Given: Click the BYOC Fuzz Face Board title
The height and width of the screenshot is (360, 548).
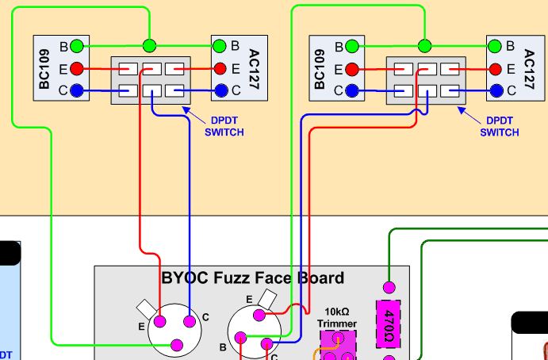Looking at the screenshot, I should click(253, 278).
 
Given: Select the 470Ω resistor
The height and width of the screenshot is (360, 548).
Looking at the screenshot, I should click(389, 324).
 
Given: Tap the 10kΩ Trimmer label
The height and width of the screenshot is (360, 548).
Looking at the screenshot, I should click(338, 318).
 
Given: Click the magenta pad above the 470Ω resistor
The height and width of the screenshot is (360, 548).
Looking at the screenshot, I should click(389, 287).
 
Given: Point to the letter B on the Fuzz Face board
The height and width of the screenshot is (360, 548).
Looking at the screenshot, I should click(223, 347).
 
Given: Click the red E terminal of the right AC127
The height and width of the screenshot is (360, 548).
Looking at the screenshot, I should click(496, 69).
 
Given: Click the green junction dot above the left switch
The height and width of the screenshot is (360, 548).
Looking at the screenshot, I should click(148, 45).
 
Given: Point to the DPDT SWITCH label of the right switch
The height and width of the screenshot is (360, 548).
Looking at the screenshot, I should click(500, 127).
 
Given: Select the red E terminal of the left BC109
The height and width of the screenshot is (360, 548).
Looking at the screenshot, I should click(76, 69).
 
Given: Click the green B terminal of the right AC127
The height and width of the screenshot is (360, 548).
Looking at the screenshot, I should click(496, 46).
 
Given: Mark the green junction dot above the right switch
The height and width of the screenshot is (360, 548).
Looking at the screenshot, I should click(425, 45).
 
